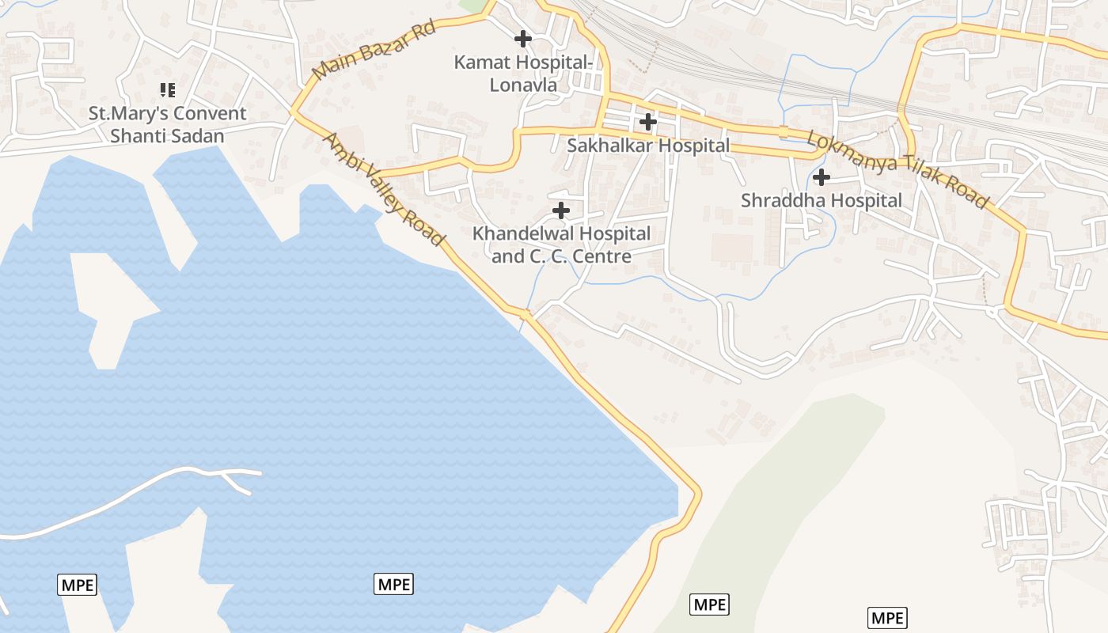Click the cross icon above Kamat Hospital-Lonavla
pyautogui.click(x=522, y=38)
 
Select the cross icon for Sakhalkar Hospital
pyautogui.click(x=648, y=122)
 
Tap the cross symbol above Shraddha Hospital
pyautogui.click(x=822, y=176)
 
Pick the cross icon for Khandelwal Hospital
pyautogui.click(x=561, y=210)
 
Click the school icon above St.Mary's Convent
pyautogui.click(x=167, y=90)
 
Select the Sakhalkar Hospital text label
pyautogui.click(x=648, y=146)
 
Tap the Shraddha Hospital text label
pyautogui.click(x=822, y=201)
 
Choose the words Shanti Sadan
pyautogui.click(x=167, y=136)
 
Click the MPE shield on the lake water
pyautogui.click(x=393, y=585)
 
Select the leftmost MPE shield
pyautogui.click(x=78, y=586)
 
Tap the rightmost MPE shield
pyautogui.click(x=887, y=618)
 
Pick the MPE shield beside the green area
pyautogui.click(x=709, y=605)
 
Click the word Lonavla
pyautogui.click(x=523, y=85)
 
